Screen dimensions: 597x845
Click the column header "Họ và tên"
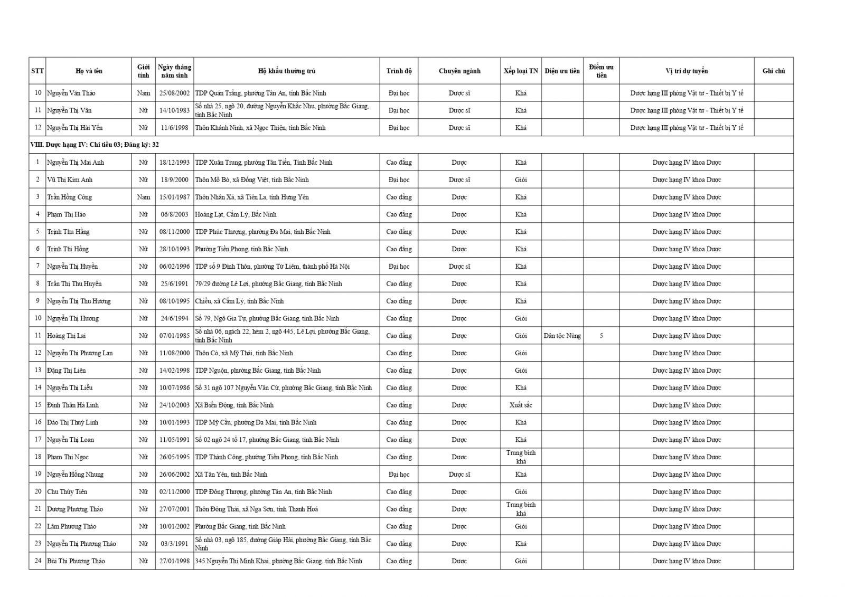click(89, 71)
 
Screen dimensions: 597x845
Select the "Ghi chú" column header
click(773, 71)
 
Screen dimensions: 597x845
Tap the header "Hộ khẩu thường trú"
click(286, 71)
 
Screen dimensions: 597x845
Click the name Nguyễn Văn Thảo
click(71, 93)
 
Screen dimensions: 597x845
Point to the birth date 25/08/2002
click(174, 93)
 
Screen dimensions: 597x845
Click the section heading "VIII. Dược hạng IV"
click(95, 145)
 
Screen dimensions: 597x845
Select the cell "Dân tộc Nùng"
click(562, 336)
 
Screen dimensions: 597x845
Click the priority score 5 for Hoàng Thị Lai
click(601, 336)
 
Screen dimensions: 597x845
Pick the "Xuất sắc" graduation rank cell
click(520, 405)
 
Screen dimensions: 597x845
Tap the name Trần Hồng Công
click(69, 197)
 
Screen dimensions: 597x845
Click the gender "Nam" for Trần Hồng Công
click(143, 197)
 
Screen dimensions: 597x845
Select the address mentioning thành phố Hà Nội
click(272, 267)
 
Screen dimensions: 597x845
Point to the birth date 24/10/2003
click(174, 405)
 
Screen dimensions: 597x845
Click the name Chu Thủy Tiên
click(67, 491)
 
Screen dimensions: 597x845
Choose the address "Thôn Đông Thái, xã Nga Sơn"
click(256, 509)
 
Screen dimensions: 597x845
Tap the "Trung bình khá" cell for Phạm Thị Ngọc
click(520, 457)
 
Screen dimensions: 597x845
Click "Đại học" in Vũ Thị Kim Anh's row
click(399, 179)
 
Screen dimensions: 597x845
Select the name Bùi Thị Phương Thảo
click(76, 561)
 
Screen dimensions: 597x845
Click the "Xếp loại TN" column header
click(520, 71)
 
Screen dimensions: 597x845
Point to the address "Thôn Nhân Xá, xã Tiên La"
click(251, 197)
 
